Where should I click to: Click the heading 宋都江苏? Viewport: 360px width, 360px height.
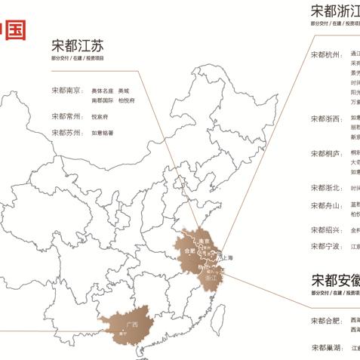pos(78,45)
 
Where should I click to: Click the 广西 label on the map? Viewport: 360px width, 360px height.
pos(132,325)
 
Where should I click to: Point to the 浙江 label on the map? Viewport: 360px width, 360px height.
pos(211,278)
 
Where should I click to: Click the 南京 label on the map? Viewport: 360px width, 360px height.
pos(203,242)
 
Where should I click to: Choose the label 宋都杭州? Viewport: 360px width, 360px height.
pos(325,55)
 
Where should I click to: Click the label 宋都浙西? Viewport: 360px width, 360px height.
pos(325,119)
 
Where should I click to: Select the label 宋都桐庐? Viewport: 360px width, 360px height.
pos(325,153)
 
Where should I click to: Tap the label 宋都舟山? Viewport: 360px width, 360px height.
pos(325,206)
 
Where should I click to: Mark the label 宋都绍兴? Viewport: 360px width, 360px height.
pos(325,230)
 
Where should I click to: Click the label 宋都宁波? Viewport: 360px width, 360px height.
pos(325,246)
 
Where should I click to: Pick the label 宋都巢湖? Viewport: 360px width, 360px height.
pos(325,347)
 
